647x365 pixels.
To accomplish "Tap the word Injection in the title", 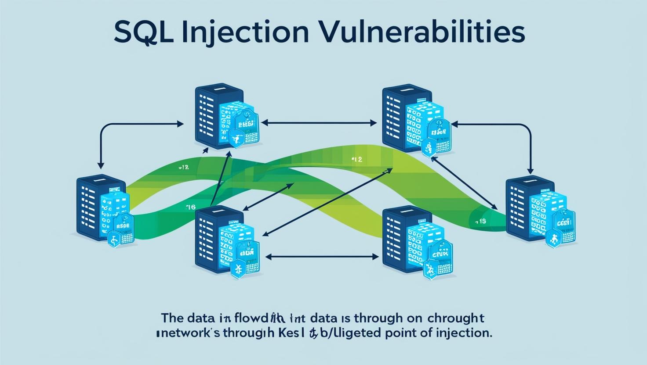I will (x=240, y=33).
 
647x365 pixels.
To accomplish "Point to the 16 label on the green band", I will (x=191, y=206).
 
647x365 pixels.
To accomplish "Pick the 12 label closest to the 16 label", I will (x=184, y=167).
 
